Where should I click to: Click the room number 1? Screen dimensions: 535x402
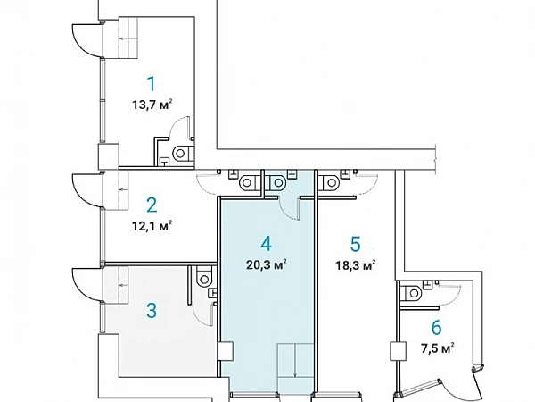(152, 84)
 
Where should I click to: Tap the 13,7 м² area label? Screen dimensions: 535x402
(152, 105)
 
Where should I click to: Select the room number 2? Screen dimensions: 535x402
(152, 205)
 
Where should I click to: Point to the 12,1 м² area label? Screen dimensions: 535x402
(152, 226)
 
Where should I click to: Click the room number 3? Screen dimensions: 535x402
(152, 311)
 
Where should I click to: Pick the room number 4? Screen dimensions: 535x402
(266, 244)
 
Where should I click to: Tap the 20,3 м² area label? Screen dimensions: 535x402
(266, 264)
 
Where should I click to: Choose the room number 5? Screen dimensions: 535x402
(356, 244)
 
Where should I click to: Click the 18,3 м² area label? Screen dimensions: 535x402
(356, 265)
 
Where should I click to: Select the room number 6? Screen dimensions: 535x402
(436, 328)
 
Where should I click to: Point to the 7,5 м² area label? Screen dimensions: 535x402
(438, 348)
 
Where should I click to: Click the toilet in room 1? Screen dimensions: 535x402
(183, 154)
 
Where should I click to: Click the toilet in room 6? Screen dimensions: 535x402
(412, 293)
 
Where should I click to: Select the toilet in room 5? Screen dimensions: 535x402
(328, 183)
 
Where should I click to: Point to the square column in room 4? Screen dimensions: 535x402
(226, 350)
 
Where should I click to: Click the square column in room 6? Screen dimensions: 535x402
(399, 351)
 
